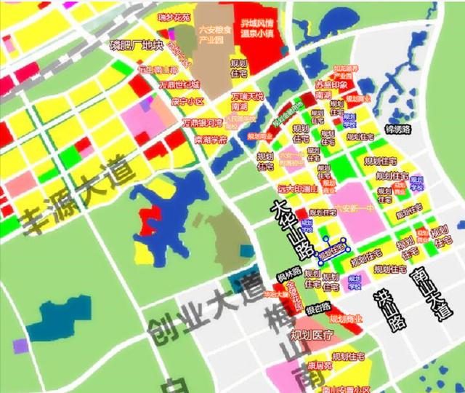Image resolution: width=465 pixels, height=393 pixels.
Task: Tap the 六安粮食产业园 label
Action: pos(216,35)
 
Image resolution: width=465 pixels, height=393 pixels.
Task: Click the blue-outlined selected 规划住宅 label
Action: pos(331,250)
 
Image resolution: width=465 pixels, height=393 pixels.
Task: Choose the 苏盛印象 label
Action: pos(320,84)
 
